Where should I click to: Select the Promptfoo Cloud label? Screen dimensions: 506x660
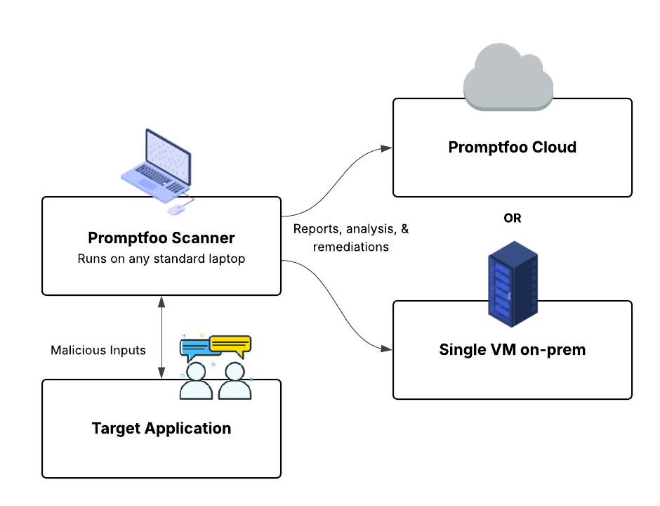click(512, 148)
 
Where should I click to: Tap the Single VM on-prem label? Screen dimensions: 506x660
click(512, 349)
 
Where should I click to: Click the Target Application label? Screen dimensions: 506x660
click(161, 428)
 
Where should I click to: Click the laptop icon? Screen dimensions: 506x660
click(157, 163)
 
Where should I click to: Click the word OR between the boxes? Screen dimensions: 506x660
click(513, 218)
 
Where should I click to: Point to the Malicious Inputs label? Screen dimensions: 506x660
click(98, 350)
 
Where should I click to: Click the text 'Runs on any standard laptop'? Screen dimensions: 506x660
click(161, 259)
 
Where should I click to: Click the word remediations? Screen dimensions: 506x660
click(351, 247)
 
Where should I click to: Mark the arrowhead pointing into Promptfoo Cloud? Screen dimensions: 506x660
click(387, 148)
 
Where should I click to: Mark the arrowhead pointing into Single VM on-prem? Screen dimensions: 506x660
click(387, 348)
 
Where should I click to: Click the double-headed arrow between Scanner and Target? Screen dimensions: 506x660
click(162, 337)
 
